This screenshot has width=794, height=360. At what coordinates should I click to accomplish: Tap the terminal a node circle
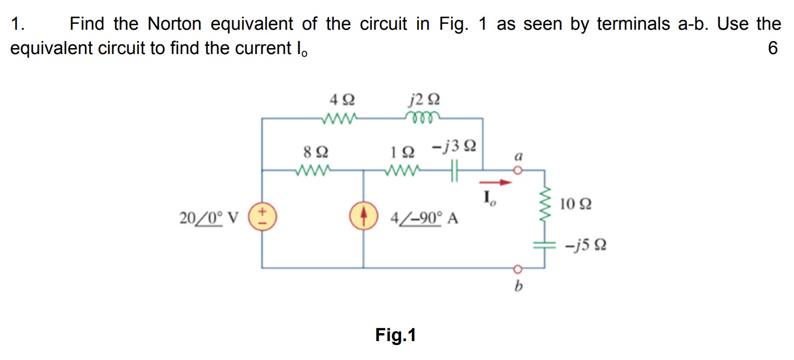coord(518,170)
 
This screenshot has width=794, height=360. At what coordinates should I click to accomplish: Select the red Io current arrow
coord(497,183)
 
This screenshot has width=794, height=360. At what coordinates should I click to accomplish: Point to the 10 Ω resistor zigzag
coord(544,205)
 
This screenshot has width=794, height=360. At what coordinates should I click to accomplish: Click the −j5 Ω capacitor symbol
coord(544,245)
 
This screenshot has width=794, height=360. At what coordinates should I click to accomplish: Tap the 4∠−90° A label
coord(424,219)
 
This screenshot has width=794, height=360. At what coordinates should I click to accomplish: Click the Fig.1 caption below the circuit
coord(396,336)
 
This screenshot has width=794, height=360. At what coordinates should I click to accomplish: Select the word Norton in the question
coord(174,24)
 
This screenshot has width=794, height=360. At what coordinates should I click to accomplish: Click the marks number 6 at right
coord(772,49)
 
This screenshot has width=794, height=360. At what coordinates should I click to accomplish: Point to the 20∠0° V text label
coord(209,219)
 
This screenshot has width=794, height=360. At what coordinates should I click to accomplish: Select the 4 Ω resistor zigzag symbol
coord(338,117)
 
